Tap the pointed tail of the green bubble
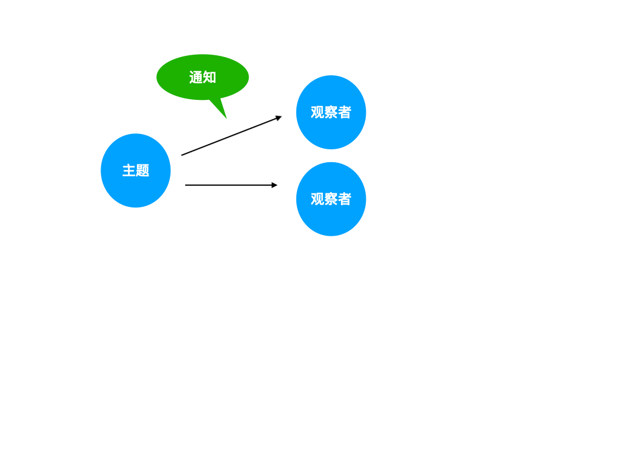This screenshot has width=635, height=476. tap(220, 109)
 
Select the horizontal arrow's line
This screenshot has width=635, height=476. tap(229, 185)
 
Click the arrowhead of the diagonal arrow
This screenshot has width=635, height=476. tap(279, 118)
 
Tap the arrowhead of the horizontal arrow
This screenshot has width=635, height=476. tap(275, 185)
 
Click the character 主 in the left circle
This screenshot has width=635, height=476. tap(129, 171)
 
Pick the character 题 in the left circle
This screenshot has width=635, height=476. tap(142, 171)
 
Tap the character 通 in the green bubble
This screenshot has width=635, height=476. tap(196, 78)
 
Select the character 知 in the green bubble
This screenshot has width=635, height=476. tap(209, 78)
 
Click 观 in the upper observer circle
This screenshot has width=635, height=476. tap(317, 112)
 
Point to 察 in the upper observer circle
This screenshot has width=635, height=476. tap(331, 112)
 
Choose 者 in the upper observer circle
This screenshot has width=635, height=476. tap(345, 112)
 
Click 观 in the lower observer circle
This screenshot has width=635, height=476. tap(317, 199)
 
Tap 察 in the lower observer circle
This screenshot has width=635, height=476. tap(331, 199)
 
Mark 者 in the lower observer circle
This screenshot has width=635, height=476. tap(345, 199)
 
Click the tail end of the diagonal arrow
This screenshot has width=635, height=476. tap(182, 155)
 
